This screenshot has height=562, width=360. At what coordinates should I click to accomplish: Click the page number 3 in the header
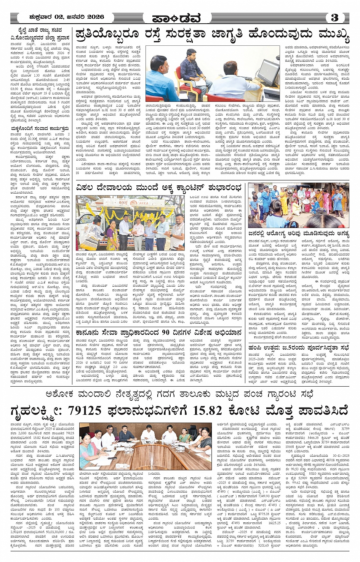pyautogui.click(x=335, y=18)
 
